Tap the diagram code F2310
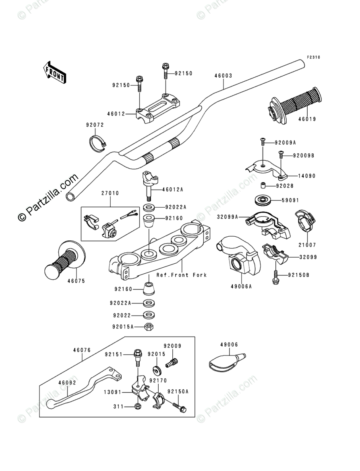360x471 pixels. click(x=313, y=58)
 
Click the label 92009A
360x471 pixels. click(x=285, y=143)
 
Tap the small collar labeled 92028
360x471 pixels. click(x=263, y=186)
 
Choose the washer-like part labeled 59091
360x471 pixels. click(x=263, y=200)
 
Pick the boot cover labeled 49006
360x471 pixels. click(x=226, y=360)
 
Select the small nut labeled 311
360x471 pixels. click(x=138, y=406)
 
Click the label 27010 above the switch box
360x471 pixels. click(x=110, y=193)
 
